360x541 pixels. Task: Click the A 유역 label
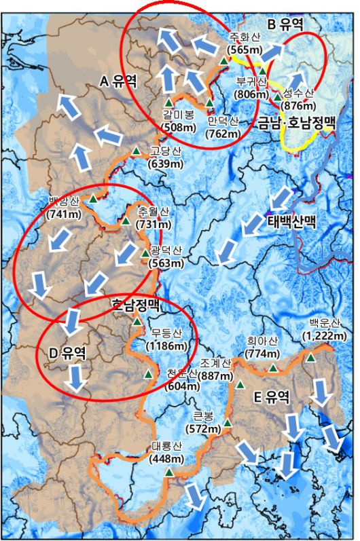coord(118,81)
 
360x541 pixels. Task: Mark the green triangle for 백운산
coord(310,358)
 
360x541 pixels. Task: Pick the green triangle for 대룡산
coord(168,471)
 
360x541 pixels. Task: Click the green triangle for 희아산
coord(273,368)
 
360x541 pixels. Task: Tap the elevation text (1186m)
coord(166,346)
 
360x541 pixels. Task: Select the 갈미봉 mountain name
coord(179,113)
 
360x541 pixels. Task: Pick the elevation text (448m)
coord(166,458)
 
